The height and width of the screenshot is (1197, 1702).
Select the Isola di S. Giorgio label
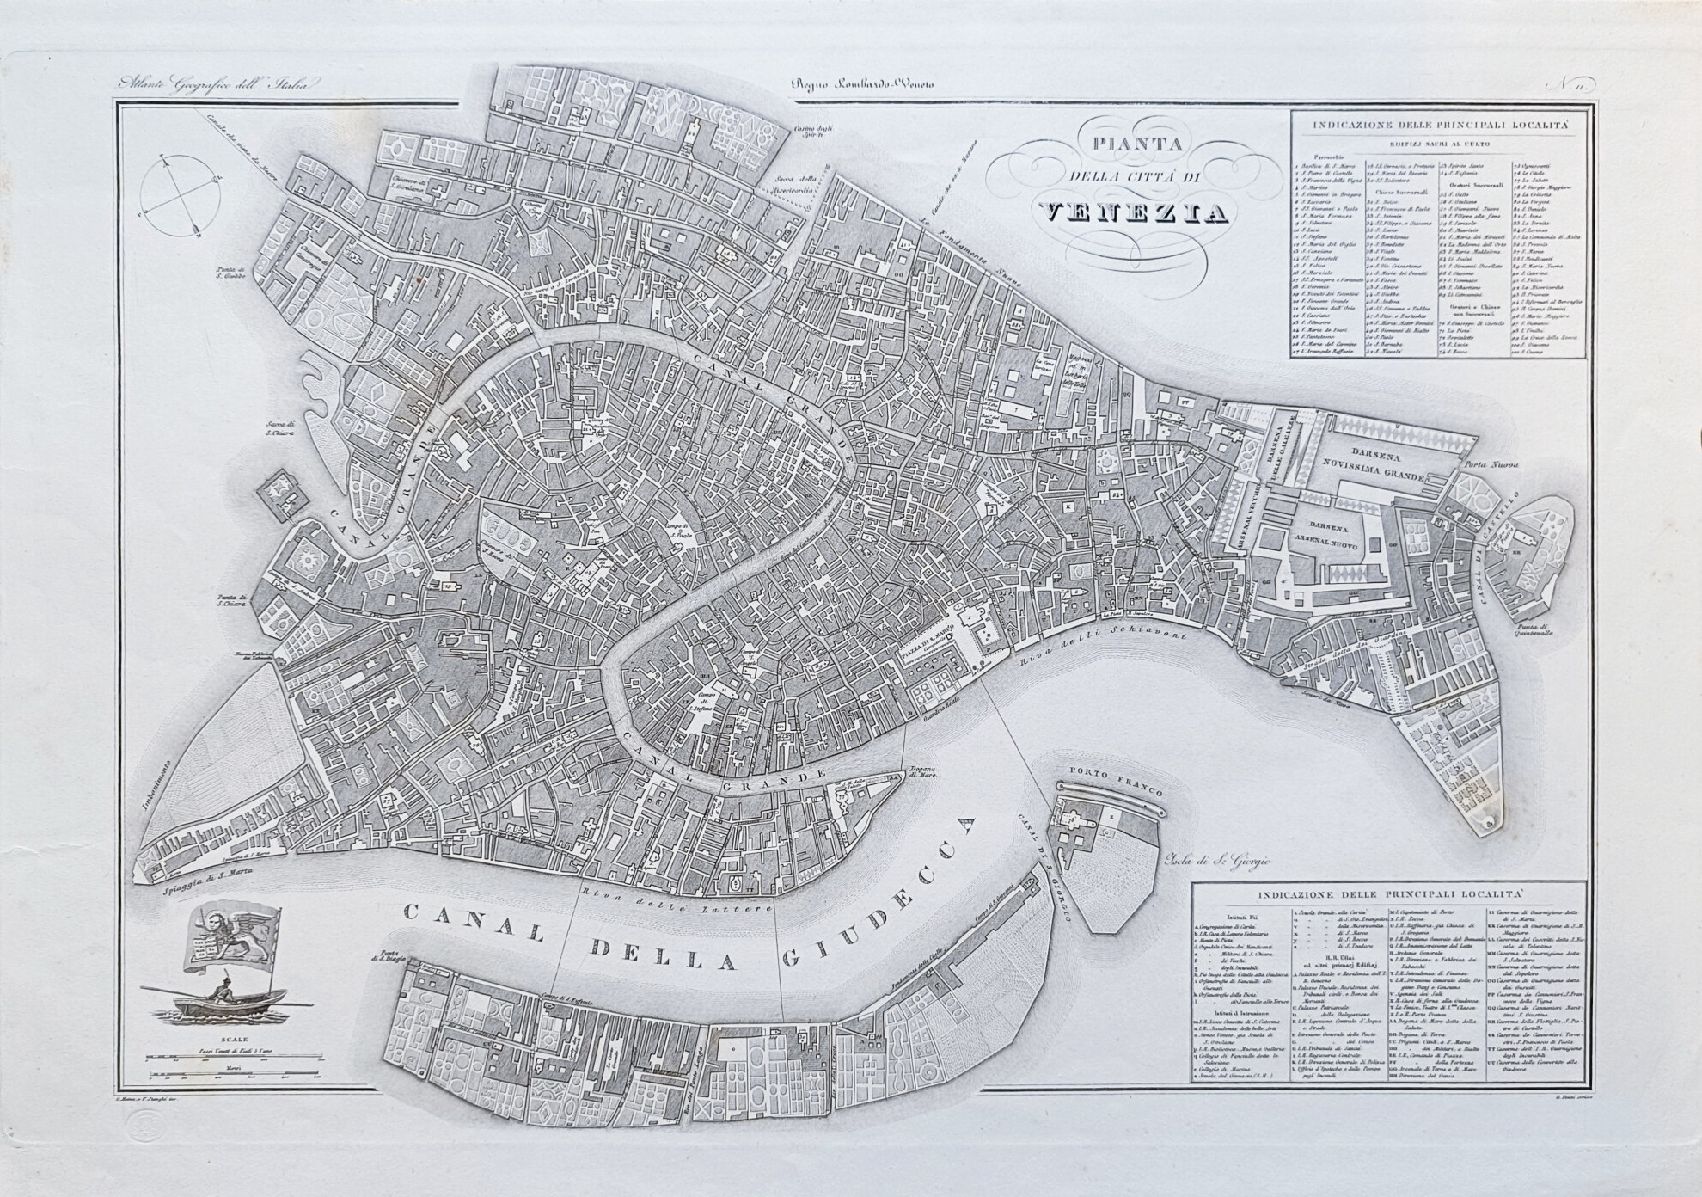1215,861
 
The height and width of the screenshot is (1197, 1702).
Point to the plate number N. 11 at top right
1572,84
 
